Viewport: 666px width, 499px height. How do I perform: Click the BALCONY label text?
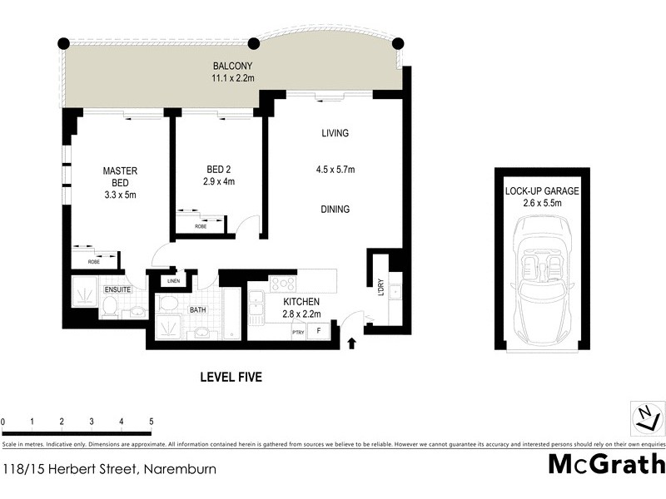(x=232, y=67)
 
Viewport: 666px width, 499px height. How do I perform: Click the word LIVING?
(x=335, y=133)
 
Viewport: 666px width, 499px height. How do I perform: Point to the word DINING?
(x=335, y=210)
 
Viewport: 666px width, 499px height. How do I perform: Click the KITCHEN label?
(x=301, y=302)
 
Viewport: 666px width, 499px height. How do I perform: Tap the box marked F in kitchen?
(x=319, y=332)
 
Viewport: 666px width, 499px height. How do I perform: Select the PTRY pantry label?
(x=297, y=333)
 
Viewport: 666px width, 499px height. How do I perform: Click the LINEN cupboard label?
(x=173, y=281)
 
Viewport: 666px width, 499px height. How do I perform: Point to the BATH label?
(x=197, y=310)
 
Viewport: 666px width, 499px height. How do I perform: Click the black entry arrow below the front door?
(x=351, y=342)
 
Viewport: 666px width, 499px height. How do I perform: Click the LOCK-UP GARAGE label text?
(x=542, y=191)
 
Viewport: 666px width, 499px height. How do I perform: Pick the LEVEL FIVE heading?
(x=231, y=378)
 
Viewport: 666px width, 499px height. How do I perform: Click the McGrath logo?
(x=606, y=464)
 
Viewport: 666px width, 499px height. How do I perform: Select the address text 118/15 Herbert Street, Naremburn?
(x=109, y=469)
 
